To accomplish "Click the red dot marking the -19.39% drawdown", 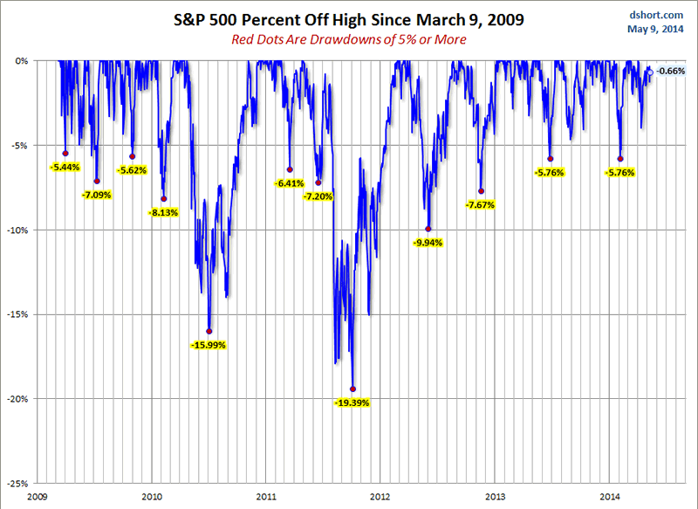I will (352, 389).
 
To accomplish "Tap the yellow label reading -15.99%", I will (208, 345).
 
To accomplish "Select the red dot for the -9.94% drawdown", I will (428, 229).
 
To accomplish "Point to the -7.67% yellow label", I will (481, 205).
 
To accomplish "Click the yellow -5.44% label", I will (65, 167).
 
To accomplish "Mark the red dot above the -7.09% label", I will (97, 181).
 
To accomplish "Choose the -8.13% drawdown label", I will (164, 212).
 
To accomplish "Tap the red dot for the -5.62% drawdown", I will (133, 156).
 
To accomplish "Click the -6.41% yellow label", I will (289, 183).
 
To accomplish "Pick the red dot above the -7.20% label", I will (318, 182).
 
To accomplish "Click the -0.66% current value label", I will (671, 71).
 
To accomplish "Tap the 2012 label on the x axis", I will (380, 496).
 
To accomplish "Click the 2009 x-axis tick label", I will (37, 496).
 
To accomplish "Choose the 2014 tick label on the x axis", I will (610, 496).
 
